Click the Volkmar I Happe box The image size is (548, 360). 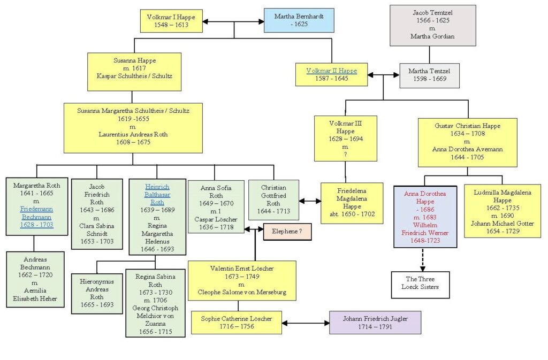[x=171, y=21]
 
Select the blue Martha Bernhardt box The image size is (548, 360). [x=299, y=21]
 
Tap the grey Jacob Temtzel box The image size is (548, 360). [x=432, y=25]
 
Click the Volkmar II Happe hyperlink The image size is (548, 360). [x=332, y=71]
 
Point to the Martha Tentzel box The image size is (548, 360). [x=429, y=75]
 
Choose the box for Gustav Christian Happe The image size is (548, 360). [x=467, y=142]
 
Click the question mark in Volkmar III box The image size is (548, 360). [x=345, y=155]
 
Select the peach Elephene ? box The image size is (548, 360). [x=287, y=232]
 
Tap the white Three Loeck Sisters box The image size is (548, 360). [x=420, y=285]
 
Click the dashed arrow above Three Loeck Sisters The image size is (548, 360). [x=423, y=260]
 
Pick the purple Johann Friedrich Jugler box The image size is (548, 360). [x=375, y=323]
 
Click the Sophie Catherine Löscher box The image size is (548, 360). [x=236, y=323]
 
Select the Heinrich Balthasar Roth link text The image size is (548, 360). [x=157, y=195]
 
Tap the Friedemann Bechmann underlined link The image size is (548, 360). [x=37, y=217]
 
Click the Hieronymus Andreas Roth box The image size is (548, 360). [x=97, y=293]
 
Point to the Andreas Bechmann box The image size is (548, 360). [x=35, y=279]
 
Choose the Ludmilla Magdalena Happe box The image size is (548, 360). [x=502, y=211]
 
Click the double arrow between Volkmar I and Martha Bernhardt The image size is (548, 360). [x=233, y=21]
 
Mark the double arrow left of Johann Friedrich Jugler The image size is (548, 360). [x=306, y=323]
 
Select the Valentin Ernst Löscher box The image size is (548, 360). [x=242, y=280]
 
